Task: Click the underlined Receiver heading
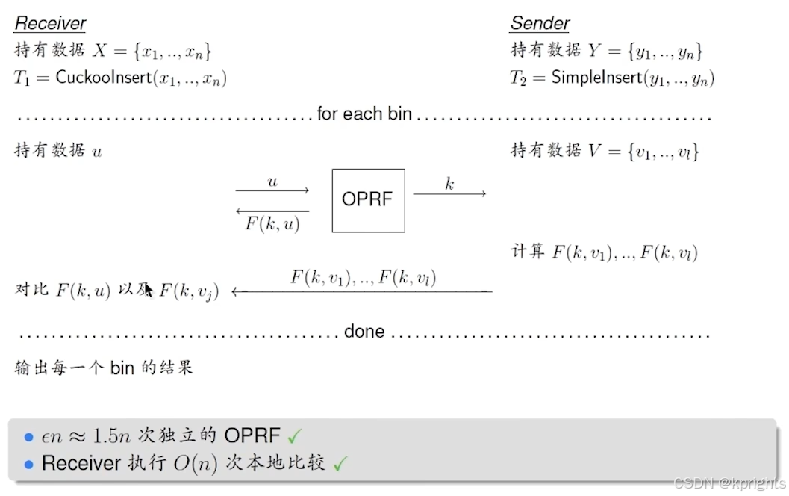pos(50,23)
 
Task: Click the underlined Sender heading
pos(540,23)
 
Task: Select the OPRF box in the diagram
pos(368,200)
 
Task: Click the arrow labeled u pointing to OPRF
pos(272,191)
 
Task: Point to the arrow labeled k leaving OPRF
pos(449,194)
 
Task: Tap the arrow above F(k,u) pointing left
pos(272,211)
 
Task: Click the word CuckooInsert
pos(103,78)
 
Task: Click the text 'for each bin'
pos(364,114)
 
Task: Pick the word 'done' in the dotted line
pos(364,332)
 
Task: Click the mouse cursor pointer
pos(149,289)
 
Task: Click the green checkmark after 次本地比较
pos(340,464)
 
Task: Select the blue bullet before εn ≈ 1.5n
pos(29,436)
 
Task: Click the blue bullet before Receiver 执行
pos(29,465)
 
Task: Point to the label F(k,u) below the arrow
pos(272,223)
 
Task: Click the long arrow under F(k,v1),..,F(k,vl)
pos(362,291)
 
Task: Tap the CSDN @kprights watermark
pos(729,483)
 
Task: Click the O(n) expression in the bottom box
pos(196,463)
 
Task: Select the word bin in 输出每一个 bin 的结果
pos(122,368)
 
